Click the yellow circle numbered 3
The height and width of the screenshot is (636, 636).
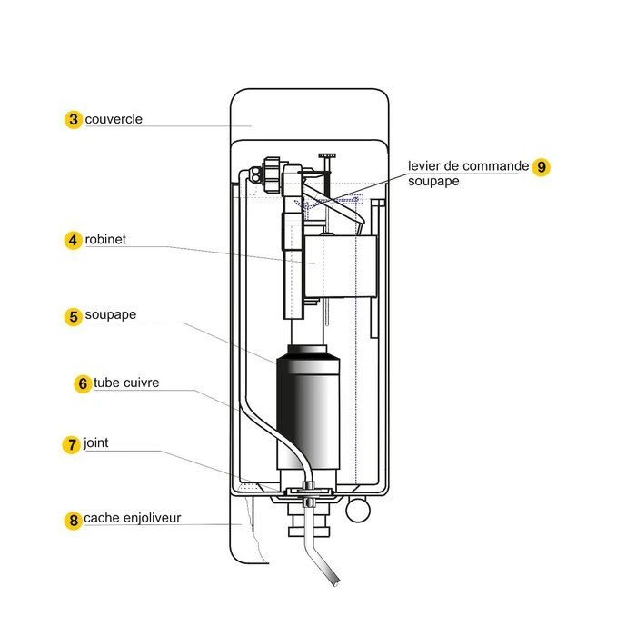click(74, 120)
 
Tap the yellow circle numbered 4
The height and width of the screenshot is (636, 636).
click(74, 241)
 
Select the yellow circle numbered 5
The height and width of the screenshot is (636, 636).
click(74, 317)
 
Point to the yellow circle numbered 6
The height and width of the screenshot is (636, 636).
click(82, 383)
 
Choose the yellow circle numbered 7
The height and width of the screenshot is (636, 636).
click(72, 445)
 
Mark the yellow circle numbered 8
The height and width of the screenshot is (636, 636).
click(74, 521)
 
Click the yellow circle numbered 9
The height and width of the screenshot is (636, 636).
click(542, 167)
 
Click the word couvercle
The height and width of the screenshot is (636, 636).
click(114, 119)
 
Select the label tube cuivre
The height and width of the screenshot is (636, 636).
click(126, 383)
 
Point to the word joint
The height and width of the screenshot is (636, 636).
click(96, 444)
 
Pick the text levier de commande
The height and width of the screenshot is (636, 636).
click(466, 166)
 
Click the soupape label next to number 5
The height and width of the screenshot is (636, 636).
click(111, 316)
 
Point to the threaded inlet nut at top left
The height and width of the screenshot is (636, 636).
click(269, 172)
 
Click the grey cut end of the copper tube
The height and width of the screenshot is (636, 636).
click(333, 578)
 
